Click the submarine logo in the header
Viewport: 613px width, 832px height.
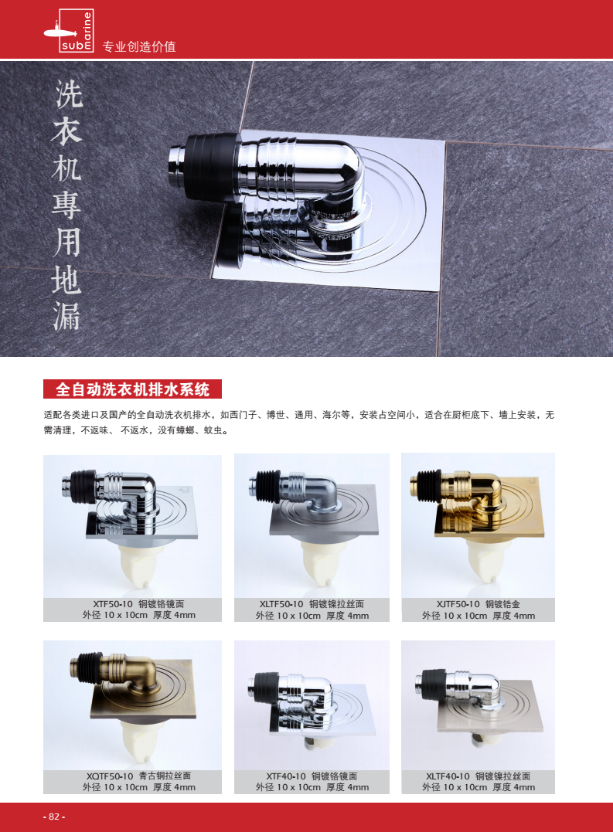coord(69,31)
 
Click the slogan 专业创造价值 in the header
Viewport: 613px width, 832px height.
coord(138,46)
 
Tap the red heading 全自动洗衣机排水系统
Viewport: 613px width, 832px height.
coord(132,389)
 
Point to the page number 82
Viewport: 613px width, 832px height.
coord(54,817)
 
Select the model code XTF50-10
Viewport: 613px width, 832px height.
coord(113,604)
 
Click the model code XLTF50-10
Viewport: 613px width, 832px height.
coord(281,604)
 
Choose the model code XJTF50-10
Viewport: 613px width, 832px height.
coord(458,604)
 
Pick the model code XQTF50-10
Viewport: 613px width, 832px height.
coord(110,776)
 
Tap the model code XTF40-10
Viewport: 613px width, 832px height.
coord(286,776)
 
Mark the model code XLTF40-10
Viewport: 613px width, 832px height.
coord(448,776)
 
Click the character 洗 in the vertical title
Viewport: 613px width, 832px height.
coord(68,94)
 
